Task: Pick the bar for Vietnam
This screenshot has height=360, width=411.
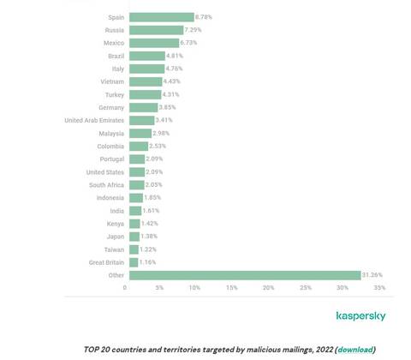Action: click(x=143, y=81)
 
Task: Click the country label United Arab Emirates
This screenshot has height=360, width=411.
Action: click(x=94, y=120)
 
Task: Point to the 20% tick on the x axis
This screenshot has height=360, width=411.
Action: click(x=269, y=287)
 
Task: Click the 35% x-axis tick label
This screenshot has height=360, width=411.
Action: click(x=376, y=287)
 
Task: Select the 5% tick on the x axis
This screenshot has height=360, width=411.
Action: click(x=160, y=287)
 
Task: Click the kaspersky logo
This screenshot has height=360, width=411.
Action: click(x=360, y=315)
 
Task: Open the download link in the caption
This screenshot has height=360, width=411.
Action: click(x=355, y=349)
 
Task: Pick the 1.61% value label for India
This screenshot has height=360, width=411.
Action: click(x=152, y=211)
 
